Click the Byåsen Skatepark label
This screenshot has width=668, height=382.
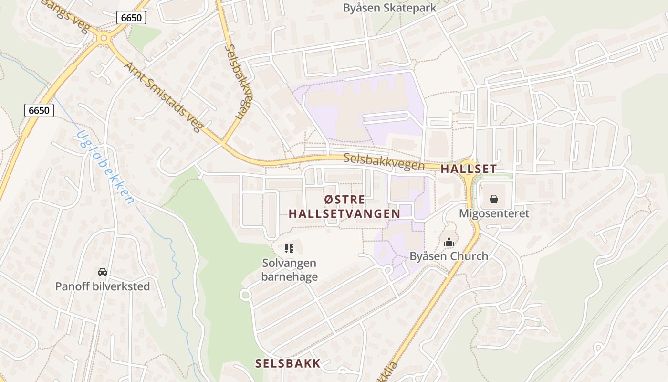tap(390, 8)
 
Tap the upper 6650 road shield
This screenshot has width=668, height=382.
tap(131, 18)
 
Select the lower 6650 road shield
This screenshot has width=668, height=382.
tap(39, 110)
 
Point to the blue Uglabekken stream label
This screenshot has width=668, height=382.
tap(105, 167)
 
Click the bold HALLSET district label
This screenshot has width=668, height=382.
tap(468, 169)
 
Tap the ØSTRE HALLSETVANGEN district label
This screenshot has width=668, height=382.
tap(344, 207)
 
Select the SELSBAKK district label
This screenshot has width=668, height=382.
tap(288, 363)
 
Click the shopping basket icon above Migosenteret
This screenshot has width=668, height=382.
tap(494, 199)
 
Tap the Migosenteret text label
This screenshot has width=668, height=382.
tap(494, 213)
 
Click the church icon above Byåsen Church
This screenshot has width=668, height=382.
tap(449, 243)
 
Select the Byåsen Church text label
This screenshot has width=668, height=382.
tap(449, 256)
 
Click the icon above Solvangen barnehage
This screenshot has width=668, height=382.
tap(289, 248)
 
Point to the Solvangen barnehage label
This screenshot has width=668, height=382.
tap(289, 270)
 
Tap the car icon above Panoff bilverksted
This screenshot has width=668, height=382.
tap(102, 272)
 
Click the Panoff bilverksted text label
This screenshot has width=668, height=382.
tap(102, 286)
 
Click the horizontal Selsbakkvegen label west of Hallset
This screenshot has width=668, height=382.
tap(384, 161)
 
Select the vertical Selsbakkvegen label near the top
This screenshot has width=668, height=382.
tap(237, 81)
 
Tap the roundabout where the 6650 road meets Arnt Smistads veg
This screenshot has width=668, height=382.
tap(103, 38)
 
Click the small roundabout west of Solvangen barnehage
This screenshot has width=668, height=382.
tap(246, 295)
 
